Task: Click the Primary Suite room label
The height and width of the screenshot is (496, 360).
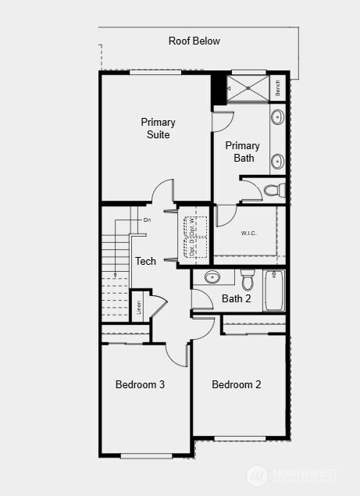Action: click(158, 128)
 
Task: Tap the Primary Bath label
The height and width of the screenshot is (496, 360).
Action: click(243, 152)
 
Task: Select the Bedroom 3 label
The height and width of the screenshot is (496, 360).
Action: click(140, 384)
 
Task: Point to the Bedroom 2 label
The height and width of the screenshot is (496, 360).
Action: click(236, 384)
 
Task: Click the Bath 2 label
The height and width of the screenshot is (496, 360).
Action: click(236, 298)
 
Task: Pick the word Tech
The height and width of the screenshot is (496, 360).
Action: click(145, 261)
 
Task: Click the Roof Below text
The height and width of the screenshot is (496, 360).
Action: click(194, 41)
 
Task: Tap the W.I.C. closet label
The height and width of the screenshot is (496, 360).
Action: click(249, 233)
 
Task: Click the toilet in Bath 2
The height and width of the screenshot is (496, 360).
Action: click(248, 279)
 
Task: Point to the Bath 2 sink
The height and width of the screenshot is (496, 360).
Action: click(212, 277)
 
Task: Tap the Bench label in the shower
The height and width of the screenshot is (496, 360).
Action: click(278, 87)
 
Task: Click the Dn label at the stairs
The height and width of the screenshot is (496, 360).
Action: click(146, 220)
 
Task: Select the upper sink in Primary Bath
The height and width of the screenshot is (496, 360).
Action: click(277, 118)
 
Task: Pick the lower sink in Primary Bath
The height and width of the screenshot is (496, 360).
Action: click(277, 162)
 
